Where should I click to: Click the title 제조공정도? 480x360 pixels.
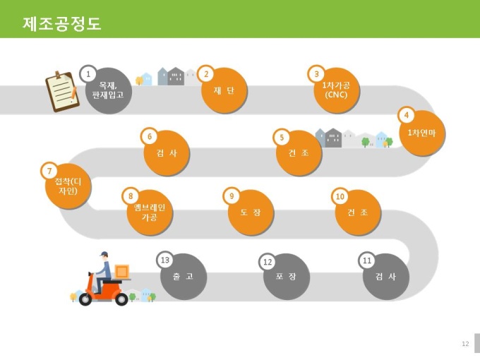[x=62, y=23]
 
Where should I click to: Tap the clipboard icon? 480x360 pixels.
[x=62, y=92]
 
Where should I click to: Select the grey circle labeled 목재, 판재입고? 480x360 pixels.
[x=109, y=91]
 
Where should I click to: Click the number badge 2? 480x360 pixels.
[x=206, y=74]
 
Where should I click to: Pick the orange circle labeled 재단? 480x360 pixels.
[x=224, y=90]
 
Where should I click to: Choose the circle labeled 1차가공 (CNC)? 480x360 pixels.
[x=337, y=90]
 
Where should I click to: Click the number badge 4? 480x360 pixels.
[x=406, y=115]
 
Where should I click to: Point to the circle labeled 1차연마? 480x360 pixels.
[x=422, y=133]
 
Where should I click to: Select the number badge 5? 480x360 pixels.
[x=282, y=137]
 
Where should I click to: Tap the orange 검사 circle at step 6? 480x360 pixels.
[x=167, y=153]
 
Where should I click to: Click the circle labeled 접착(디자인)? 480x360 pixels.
[x=68, y=186]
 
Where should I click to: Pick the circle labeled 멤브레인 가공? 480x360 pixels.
[x=150, y=212]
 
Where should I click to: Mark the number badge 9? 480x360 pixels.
[x=232, y=196]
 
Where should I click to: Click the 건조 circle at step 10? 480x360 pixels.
[x=358, y=212]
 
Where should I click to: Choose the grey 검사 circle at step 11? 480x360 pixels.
[x=386, y=277]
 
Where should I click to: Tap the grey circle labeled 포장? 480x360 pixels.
[x=287, y=277]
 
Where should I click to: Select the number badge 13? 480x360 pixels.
[x=165, y=260]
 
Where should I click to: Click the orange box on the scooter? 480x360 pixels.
[x=122, y=272]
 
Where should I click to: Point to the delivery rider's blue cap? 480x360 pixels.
[x=104, y=254]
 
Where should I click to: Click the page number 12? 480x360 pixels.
[x=465, y=344]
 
